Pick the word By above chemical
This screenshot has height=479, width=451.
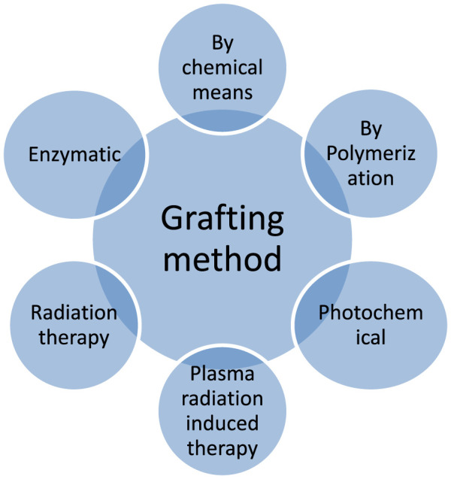[x=225, y=44]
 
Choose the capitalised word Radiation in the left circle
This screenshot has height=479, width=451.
[x=74, y=312]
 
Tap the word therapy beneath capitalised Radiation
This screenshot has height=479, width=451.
[x=74, y=336]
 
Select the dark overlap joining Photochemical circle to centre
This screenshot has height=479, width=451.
[x=310, y=308]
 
